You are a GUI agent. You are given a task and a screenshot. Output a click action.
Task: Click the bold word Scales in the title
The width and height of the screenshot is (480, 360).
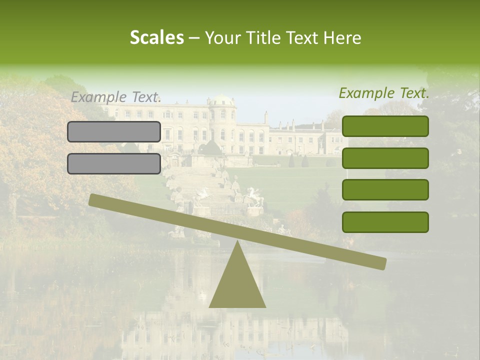click(x=156, y=37)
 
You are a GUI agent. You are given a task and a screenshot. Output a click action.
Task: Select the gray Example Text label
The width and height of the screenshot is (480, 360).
click(x=116, y=97)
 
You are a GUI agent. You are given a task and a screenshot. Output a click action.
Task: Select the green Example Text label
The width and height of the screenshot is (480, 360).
click(x=384, y=93)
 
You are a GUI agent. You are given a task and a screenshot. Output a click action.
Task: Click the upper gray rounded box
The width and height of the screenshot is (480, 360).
click(x=114, y=131)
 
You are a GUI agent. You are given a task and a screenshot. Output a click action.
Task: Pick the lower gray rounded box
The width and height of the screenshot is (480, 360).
click(x=114, y=163)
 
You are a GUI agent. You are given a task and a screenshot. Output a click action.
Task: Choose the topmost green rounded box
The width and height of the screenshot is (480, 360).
click(x=385, y=126)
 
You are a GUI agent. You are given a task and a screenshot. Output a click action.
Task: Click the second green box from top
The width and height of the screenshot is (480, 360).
click(x=385, y=158)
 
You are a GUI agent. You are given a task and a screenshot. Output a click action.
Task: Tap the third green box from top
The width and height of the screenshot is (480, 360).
click(x=385, y=190)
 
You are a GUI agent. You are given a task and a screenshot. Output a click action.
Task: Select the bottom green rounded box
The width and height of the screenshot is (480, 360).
click(x=385, y=222)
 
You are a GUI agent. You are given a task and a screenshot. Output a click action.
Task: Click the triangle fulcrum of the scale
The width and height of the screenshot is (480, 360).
click(x=237, y=285)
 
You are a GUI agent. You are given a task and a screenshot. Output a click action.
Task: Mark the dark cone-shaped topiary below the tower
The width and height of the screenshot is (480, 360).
click(x=210, y=147)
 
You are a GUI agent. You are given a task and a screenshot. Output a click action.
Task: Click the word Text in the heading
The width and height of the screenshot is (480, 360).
click(x=305, y=37)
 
